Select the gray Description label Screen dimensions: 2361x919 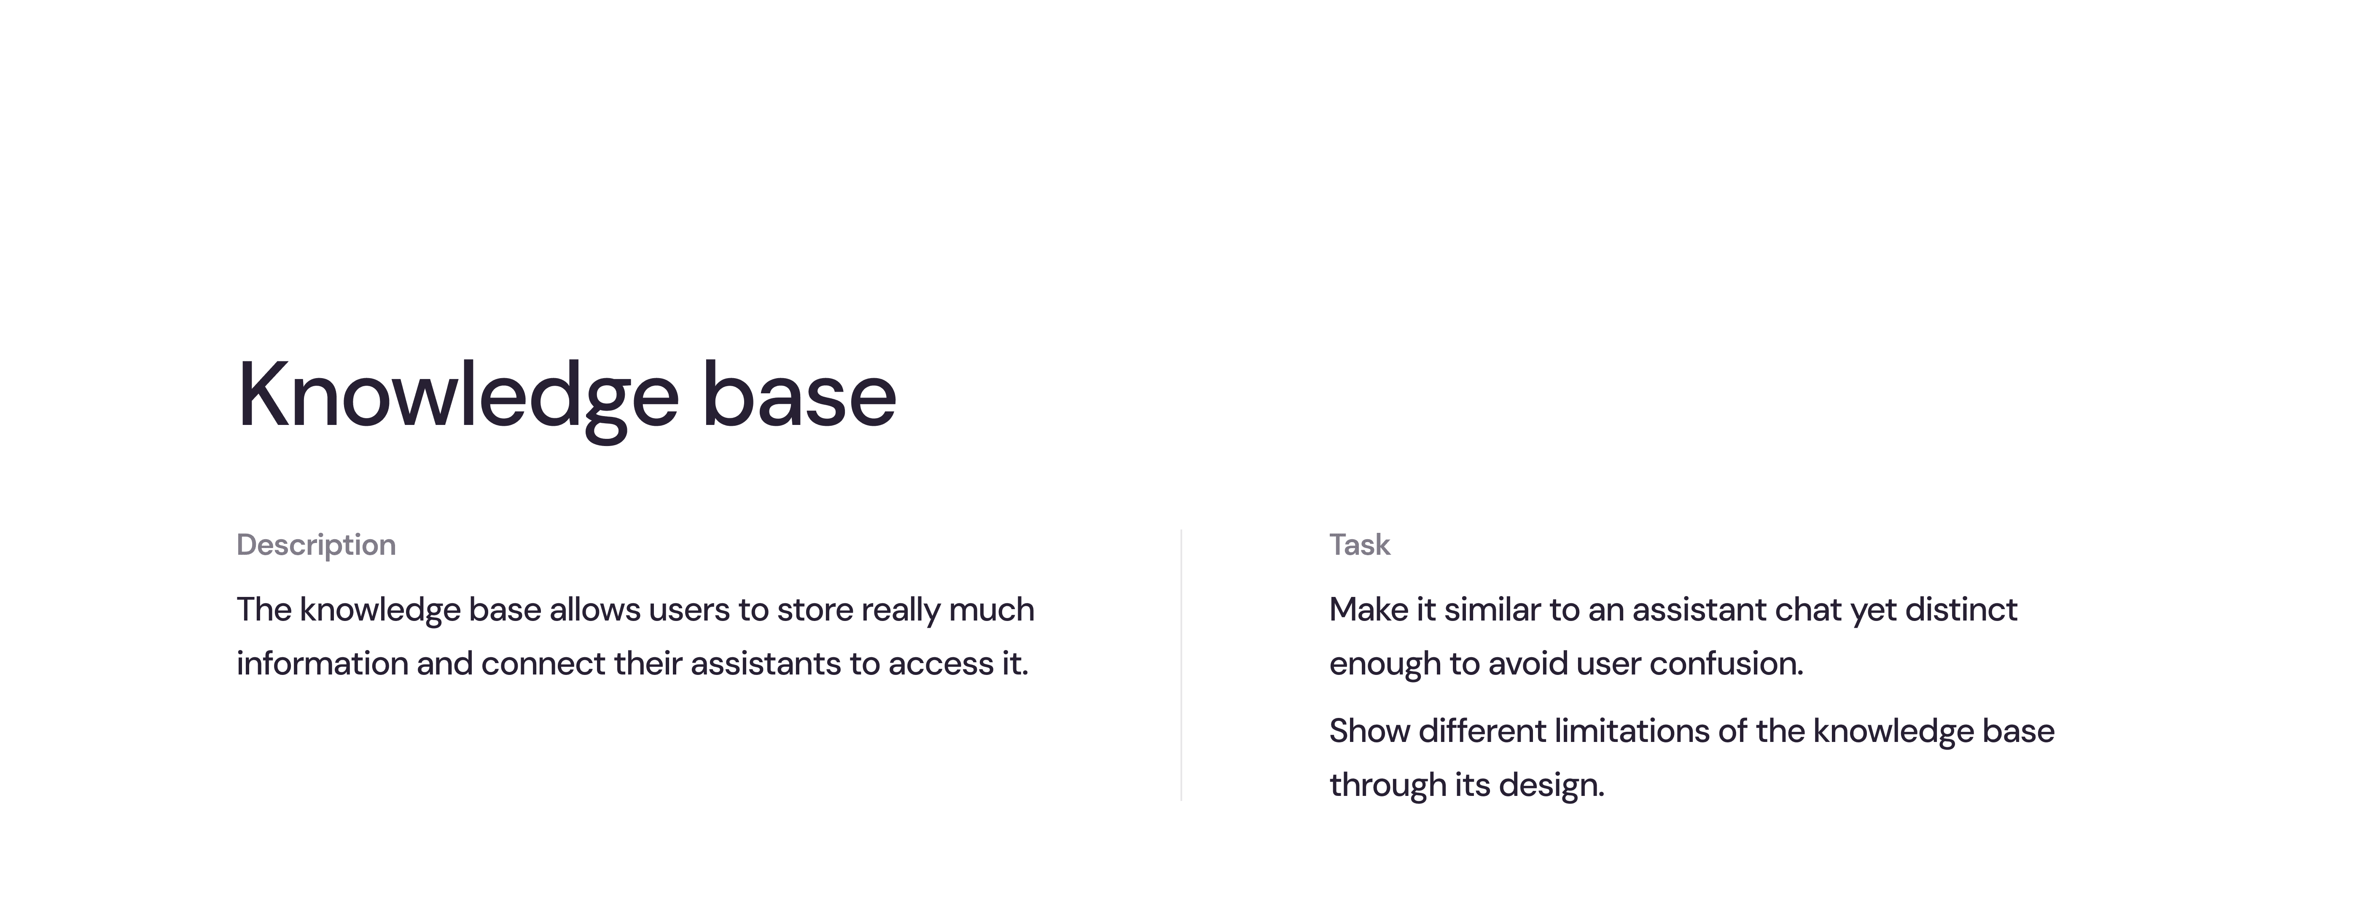pyautogui.click(x=316, y=545)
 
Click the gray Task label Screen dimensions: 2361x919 pyautogui.click(x=1359, y=545)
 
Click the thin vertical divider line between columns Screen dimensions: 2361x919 pyautogui.click(x=1181, y=665)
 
